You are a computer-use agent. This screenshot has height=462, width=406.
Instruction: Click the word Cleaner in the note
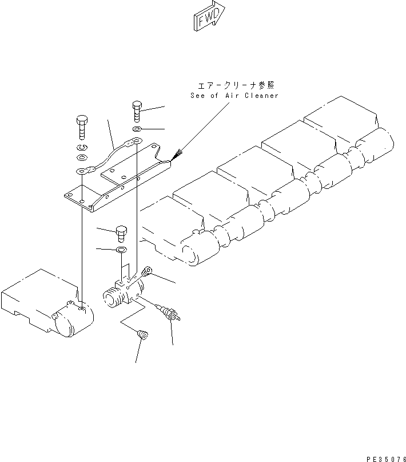click(261, 96)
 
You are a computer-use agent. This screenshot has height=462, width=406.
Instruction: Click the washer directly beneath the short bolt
click(121, 250)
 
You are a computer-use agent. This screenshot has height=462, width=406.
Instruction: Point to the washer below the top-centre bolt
click(137, 130)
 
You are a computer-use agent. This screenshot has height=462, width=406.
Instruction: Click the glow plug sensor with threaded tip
click(170, 314)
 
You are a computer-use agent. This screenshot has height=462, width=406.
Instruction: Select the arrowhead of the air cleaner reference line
click(176, 155)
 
